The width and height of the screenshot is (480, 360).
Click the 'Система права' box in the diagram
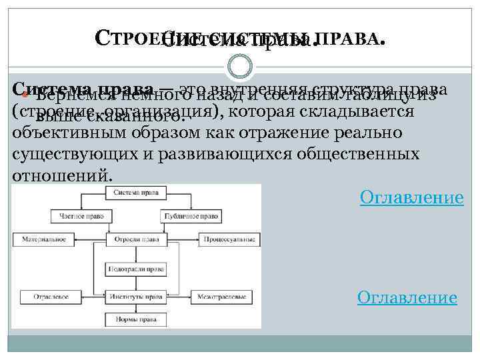(x=136, y=192)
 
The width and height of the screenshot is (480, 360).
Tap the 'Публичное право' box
(x=189, y=215)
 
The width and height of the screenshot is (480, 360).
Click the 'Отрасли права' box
(x=136, y=238)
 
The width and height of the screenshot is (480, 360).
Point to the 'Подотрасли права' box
(x=136, y=269)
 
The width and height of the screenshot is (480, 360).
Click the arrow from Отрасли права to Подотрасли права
(x=136, y=253)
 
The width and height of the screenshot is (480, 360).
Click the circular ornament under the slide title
(x=239, y=65)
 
